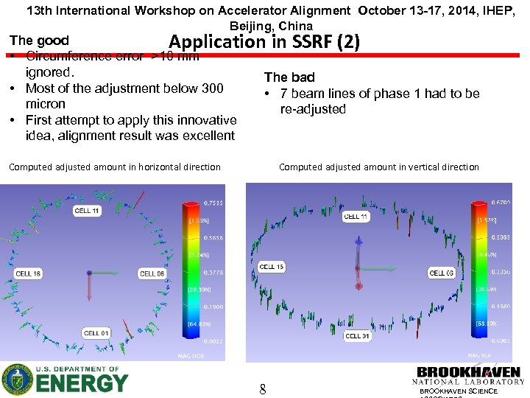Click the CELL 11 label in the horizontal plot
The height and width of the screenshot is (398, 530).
(87, 211)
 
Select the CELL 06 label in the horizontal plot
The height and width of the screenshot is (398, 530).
(152, 273)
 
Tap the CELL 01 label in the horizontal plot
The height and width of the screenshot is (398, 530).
(96, 333)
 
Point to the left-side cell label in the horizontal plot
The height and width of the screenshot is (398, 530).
(28, 273)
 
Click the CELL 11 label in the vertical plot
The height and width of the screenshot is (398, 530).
(356, 217)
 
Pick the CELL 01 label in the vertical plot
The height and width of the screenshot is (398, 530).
(357, 336)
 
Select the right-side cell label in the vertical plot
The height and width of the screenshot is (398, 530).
(442, 273)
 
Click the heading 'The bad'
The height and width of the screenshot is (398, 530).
(289, 77)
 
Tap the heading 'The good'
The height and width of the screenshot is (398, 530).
(39, 41)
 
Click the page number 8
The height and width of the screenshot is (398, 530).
(262, 388)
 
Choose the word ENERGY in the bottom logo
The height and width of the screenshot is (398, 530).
(82, 383)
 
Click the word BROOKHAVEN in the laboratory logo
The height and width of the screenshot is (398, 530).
(469, 372)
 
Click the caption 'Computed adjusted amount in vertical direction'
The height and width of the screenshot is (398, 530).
(378, 167)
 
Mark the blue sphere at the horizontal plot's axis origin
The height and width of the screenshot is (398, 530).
(89, 273)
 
